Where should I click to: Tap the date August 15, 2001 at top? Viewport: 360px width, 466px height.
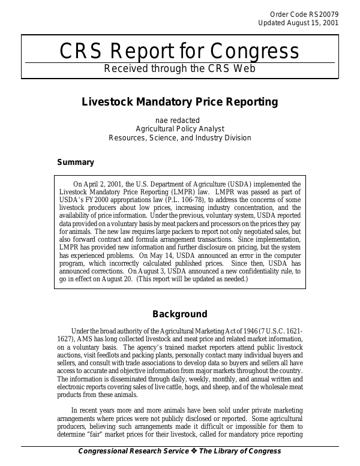tap(311, 23)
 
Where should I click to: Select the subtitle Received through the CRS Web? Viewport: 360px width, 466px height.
tap(180, 68)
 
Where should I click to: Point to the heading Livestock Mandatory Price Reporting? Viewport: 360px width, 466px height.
tap(180, 102)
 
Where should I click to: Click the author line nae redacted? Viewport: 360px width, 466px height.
tap(180, 120)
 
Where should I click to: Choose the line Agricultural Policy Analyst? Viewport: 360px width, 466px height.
tap(180, 128)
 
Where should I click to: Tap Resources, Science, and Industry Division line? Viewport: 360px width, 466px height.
tap(180, 137)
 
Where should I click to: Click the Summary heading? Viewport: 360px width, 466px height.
tap(76, 162)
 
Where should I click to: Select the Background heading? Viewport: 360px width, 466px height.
tap(180, 314)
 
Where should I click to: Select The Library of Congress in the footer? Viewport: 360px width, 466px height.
tap(240, 451)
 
